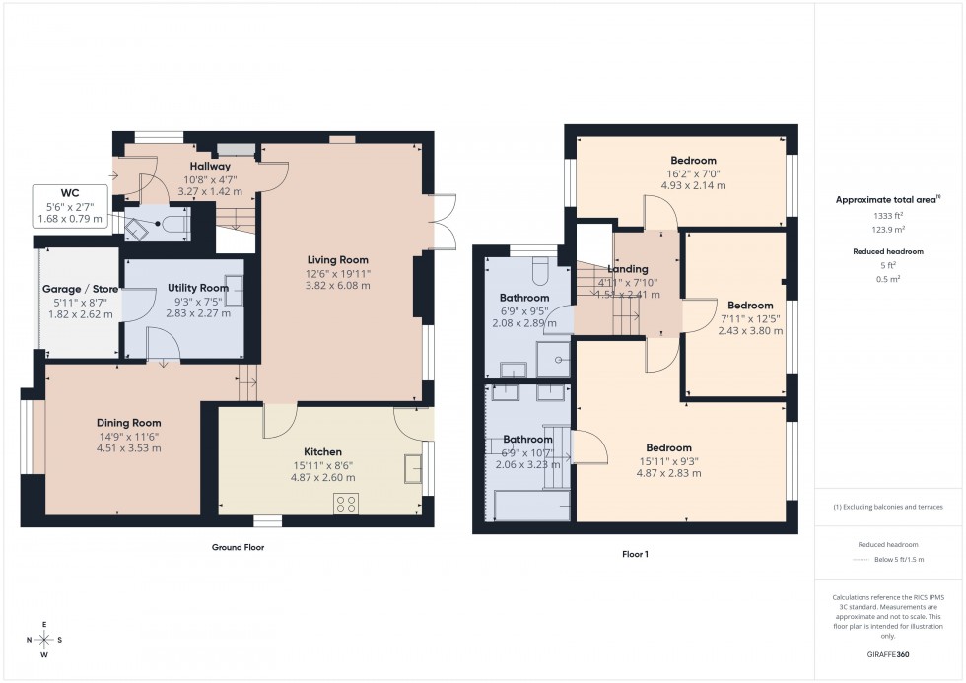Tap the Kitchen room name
[x=322, y=452]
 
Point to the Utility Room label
[x=198, y=288]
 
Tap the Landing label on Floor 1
[x=628, y=269]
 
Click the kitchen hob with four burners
[x=346, y=503]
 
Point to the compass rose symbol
[x=44, y=640]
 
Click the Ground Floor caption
[x=238, y=547]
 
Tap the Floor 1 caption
[x=635, y=554]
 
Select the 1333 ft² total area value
[x=889, y=215]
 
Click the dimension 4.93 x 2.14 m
[x=693, y=185]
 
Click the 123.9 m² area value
[x=889, y=229]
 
